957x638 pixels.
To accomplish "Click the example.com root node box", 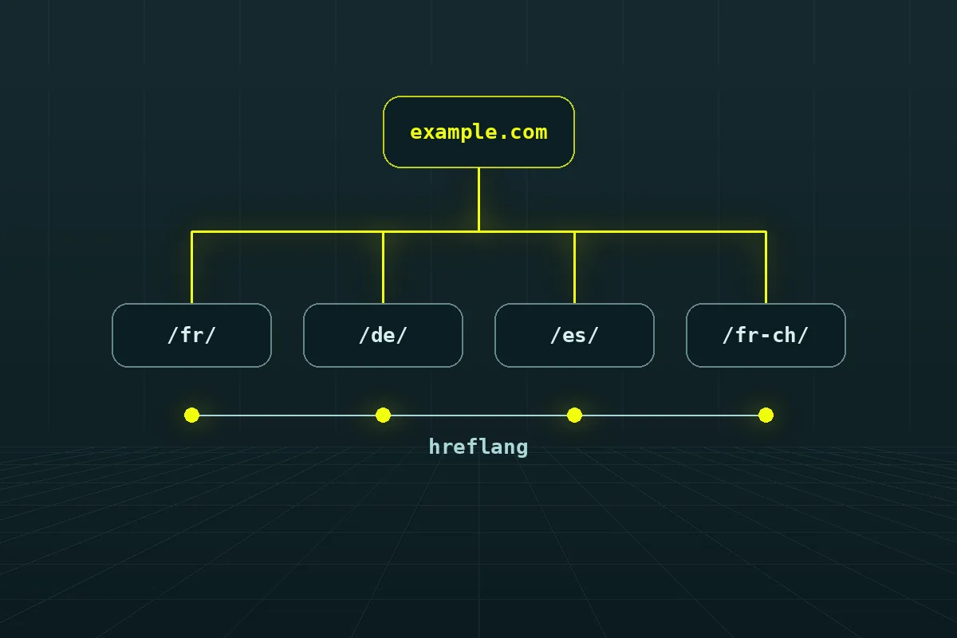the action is coord(478,132).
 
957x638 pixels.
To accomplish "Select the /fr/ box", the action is coord(191,336).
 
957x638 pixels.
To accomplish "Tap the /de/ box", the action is coord(383,336).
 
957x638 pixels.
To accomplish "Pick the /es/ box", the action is coord(574,336).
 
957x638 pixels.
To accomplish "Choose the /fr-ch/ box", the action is coord(766,336).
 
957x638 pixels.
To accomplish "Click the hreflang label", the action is coord(478,447).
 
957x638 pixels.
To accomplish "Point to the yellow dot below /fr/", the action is coord(192,415).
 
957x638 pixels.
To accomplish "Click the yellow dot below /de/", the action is coord(384,415).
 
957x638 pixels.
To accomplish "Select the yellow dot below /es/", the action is coord(575,415).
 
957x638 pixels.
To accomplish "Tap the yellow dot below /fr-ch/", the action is coord(766,415).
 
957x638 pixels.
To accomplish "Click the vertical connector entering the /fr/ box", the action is coord(191,267).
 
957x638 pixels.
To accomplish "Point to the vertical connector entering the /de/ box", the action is coord(383,267).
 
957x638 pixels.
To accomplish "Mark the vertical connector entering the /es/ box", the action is coord(574,267).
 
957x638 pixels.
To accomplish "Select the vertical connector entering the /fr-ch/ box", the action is coord(766,267).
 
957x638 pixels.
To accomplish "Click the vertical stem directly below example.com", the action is coord(478,199).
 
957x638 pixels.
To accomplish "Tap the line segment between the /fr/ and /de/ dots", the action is coord(288,415).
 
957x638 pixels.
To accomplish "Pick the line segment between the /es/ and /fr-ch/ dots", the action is coord(671,415).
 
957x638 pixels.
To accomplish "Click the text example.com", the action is coord(478,132).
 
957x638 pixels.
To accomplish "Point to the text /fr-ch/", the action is coord(766,336).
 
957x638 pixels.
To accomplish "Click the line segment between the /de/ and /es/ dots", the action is coord(479,415).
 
